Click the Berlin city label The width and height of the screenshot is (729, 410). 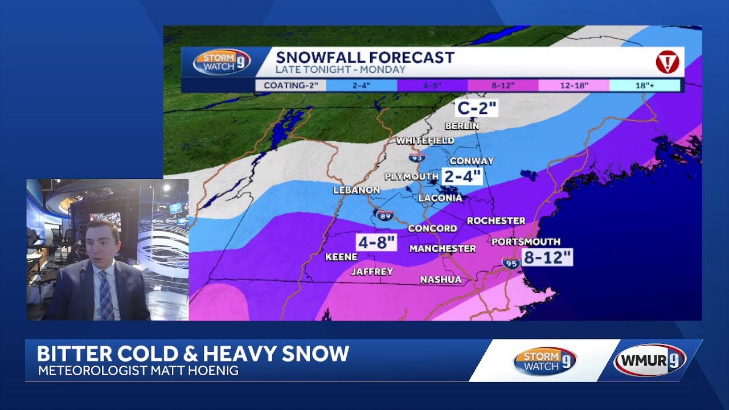(x=462, y=126)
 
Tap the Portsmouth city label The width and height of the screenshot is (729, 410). (x=526, y=241)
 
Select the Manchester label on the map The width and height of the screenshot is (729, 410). (x=443, y=249)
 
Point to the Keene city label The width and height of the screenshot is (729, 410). (x=341, y=257)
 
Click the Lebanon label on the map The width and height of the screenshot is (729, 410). (x=357, y=190)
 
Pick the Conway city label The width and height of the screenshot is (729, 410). (x=472, y=161)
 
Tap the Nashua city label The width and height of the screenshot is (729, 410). (x=440, y=280)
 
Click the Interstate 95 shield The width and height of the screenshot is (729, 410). (x=511, y=263)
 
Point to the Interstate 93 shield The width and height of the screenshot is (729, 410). (x=417, y=158)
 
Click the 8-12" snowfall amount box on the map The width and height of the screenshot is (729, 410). (x=547, y=257)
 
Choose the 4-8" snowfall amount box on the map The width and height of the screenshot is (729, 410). (x=376, y=242)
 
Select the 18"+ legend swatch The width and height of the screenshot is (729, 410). (x=645, y=85)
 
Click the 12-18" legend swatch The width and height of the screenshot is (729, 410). (x=574, y=85)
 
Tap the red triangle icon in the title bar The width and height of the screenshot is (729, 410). (x=667, y=61)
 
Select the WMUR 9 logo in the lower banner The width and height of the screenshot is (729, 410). (x=650, y=360)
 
